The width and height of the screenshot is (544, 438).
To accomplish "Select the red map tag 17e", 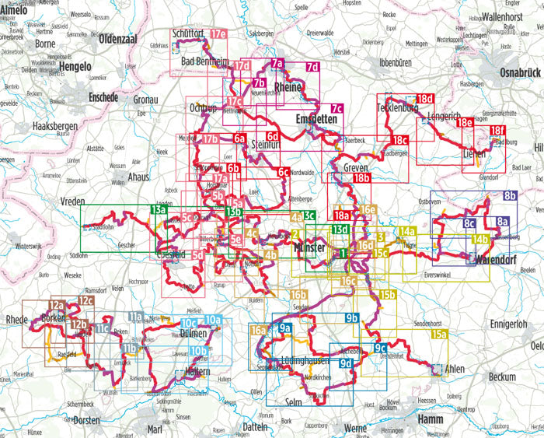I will pyautogui.click(x=218, y=35).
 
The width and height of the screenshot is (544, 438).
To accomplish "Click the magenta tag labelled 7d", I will pyautogui.click(x=312, y=68).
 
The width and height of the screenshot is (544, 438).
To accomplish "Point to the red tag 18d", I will pyautogui.click(x=424, y=100).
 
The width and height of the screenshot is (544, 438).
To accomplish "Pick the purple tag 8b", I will pyautogui.click(x=510, y=195).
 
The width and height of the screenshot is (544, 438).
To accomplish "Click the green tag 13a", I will pyautogui.click(x=159, y=210).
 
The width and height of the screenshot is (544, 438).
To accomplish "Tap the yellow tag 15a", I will pyautogui.click(x=440, y=334).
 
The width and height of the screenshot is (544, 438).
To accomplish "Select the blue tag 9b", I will pyautogui.click(x=351, y=318).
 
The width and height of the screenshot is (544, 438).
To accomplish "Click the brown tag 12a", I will pyautogui.click(x=56, y=306).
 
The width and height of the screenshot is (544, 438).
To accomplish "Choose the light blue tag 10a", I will pyautogui.click(x=214, y=320).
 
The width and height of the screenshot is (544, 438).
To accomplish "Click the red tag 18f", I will pyautogui.click(x=497, y=131).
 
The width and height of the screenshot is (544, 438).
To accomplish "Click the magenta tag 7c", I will pyautogui.click(x=337, y=109).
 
